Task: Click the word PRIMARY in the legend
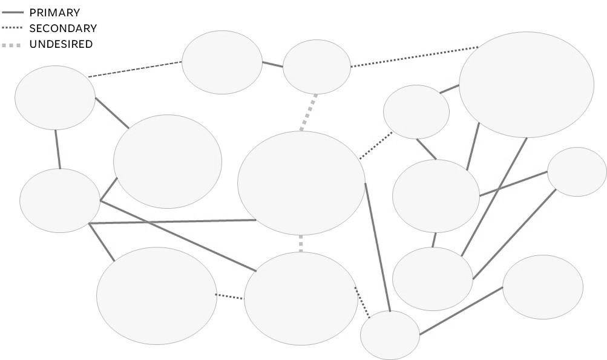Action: point(54,12)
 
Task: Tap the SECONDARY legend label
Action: point(63,28)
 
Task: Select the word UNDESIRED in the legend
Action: point(61,44)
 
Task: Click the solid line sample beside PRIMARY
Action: point(14,12)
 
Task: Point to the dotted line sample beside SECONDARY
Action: point(14,28)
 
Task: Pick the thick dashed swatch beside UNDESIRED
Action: point(14,44)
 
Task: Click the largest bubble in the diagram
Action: point(526,85)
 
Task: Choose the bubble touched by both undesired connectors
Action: point(301,183)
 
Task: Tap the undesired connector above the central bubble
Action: point(309,112)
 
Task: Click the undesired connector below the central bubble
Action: point(301,243)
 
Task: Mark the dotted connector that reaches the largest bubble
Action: point(414,56)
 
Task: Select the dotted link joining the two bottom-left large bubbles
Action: point(230,296)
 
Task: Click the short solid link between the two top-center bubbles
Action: point(272,64)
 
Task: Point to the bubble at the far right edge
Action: point(577,172)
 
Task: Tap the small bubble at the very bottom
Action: point(390,335)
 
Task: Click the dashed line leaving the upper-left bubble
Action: point(135,69)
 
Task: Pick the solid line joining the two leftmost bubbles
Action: point(57,149)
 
